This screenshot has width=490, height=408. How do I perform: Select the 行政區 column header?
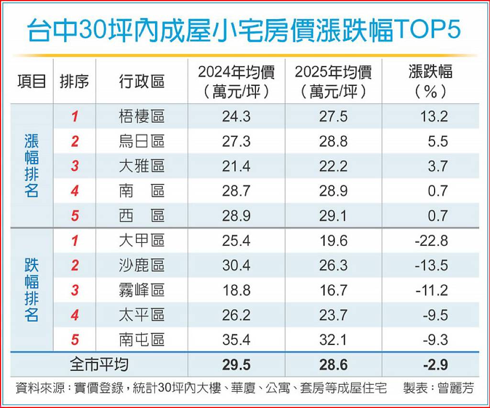[x=142, y=81]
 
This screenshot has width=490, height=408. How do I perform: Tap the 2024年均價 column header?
[x=236, y=81]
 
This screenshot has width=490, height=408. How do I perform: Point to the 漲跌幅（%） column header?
[x=431, y=81]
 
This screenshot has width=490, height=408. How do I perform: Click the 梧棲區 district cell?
[x=142, y=116]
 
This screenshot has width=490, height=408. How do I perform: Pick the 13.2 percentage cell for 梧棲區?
[x=434, y=116]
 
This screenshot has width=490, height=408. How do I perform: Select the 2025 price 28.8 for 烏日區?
[x=334, y=141]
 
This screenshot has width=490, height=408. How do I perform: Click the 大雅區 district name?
[x=142, y=166]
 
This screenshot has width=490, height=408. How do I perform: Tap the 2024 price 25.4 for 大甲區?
[x=236, y=240]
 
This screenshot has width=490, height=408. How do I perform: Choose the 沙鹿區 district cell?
[x=142, y=265]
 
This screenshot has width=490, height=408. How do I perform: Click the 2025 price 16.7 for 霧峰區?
[x=334, y=290]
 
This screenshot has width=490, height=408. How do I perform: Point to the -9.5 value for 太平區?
[x=435, y=315]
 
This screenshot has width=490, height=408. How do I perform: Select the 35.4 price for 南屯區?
[x=236, y=340]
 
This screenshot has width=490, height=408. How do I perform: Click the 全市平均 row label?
[x=99, y=365]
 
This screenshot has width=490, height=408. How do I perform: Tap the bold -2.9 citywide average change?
[x=435, y=365]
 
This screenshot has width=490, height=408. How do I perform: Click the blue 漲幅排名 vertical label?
[x=32, y=166]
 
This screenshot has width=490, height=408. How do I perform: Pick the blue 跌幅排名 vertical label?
[x=32, y=290]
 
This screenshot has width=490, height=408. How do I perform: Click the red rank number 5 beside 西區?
[x=75, y=215]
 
